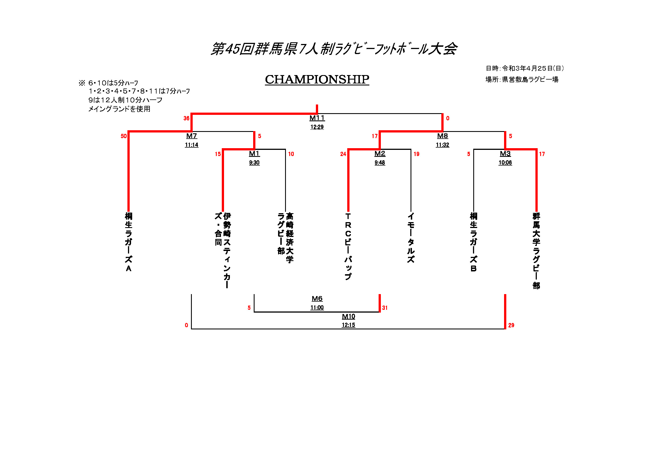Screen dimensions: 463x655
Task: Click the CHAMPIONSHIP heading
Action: point(317,79)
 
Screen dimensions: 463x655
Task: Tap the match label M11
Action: point(317,118)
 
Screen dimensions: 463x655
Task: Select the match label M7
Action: point(192,136)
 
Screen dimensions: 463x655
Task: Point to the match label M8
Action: point(442,136)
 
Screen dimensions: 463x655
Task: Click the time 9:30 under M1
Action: point(254,163)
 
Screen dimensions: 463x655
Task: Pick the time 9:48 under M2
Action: point(379,163)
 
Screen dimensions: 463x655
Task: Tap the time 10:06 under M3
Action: point(505,163)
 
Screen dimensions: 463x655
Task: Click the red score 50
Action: point(123,136)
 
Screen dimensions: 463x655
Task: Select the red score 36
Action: point(186,118)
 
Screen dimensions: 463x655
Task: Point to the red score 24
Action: point(343,154)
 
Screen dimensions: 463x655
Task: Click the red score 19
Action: point(416,154)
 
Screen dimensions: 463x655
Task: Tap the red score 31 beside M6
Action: point(384,308)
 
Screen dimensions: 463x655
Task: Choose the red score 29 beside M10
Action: point(511,325)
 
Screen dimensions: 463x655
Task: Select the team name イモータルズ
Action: point(411,238)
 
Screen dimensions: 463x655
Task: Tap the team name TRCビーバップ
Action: point(348,246)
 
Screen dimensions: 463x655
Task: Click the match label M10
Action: point(348,316)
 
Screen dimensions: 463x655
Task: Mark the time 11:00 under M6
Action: point(317,308)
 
